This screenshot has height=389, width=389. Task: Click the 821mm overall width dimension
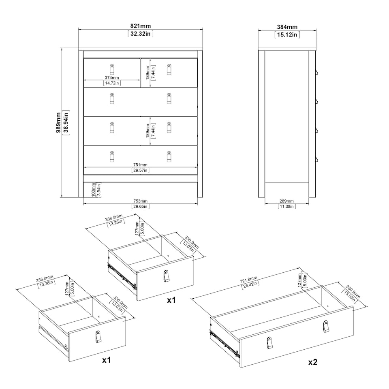140,26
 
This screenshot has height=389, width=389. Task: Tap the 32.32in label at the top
140,34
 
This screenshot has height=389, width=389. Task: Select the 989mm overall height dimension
59,123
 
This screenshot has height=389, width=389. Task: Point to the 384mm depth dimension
287,27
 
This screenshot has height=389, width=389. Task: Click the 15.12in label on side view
287,34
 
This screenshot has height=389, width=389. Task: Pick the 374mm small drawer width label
112,77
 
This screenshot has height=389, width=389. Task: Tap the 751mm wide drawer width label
141,165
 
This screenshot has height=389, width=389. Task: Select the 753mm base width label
141,201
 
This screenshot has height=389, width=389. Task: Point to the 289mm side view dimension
287,201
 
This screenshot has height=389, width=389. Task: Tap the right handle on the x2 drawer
326,326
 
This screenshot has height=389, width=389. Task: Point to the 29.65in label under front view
141,207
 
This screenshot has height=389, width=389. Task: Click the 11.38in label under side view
287,207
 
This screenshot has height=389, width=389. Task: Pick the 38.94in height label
66,123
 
